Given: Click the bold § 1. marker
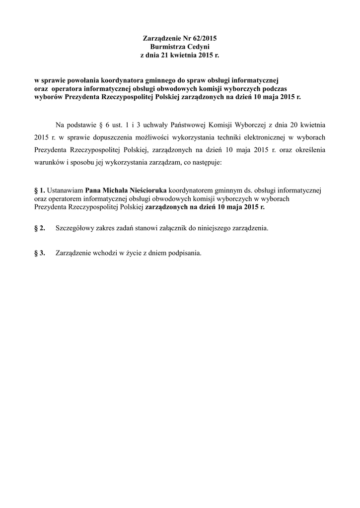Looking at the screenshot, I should click(39, 190).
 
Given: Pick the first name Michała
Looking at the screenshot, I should click(114, 190).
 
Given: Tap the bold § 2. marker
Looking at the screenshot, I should click(39, 228).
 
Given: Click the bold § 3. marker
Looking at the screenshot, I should click(39, 253).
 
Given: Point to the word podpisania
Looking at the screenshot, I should click(184, 253).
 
